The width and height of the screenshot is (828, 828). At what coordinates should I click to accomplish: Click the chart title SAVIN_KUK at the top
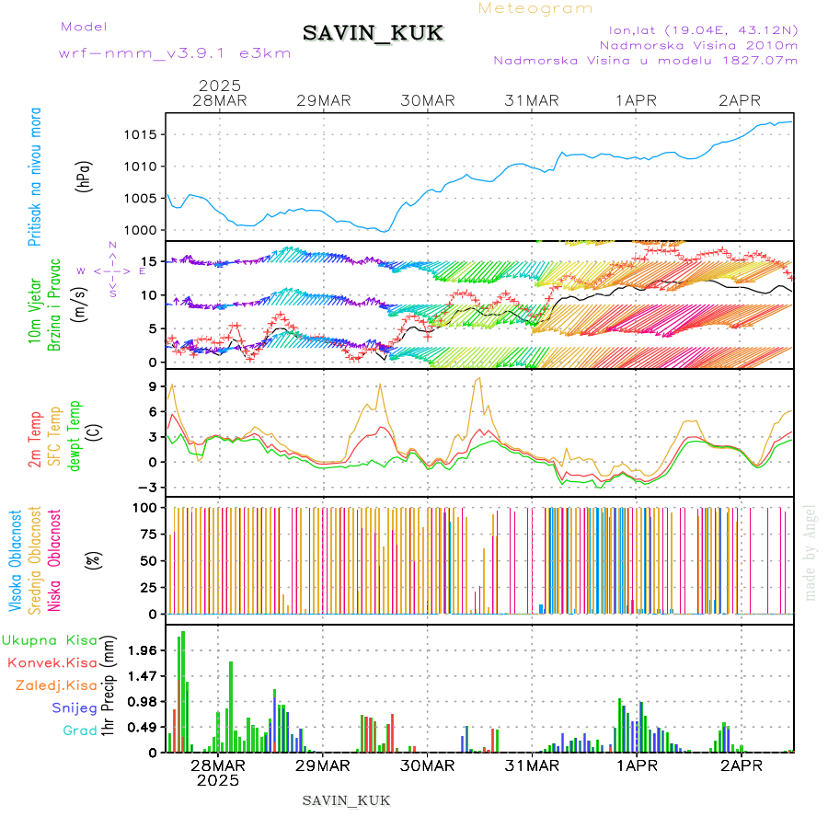click(x=374, y=34)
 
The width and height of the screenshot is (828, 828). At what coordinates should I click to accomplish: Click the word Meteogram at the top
click(x=535, y=8)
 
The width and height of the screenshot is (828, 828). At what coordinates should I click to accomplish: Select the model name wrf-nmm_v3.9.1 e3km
click(x=175, y=53)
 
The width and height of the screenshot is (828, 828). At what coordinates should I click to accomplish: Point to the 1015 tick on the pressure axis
click(x=138, y=134)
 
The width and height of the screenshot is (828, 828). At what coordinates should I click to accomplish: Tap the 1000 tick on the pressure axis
click(x=138, y=230)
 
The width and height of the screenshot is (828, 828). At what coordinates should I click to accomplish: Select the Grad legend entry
click(x=79, y=731)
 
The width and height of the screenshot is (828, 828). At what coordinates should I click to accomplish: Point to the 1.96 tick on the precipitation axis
click(x=141, y=650)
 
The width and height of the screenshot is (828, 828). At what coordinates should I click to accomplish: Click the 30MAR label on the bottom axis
click(x=428, y=765)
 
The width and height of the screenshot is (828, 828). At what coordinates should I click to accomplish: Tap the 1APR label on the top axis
click(x=637, y=100)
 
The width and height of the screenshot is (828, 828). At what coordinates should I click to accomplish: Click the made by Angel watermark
click(x=810, y=552)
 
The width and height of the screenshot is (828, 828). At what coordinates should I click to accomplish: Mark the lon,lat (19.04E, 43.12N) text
click(x=696, y=29)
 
